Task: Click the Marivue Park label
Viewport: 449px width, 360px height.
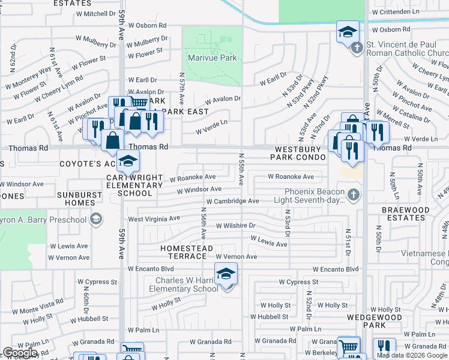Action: pos(212,58)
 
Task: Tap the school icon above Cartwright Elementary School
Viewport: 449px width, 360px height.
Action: pos(127,161)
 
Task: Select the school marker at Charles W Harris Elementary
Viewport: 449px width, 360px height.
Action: pos(226,274)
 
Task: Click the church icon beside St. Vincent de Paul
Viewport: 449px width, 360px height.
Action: pos(357,47)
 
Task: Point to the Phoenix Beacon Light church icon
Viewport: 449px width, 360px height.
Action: pos(354,195)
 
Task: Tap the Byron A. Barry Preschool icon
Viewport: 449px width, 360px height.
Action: pos(95,220)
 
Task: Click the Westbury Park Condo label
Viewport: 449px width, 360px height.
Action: pos(300,152)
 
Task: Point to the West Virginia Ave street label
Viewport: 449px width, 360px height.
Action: pos(154,220)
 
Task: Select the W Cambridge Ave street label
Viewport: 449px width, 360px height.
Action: pos(232,202)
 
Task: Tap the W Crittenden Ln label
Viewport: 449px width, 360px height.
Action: pos(412,12)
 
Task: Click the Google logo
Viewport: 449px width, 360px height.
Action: pos(20,353)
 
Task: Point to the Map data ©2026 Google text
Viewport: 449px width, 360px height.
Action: pos(412,355)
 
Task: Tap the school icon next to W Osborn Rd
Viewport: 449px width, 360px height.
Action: pos(348,32)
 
